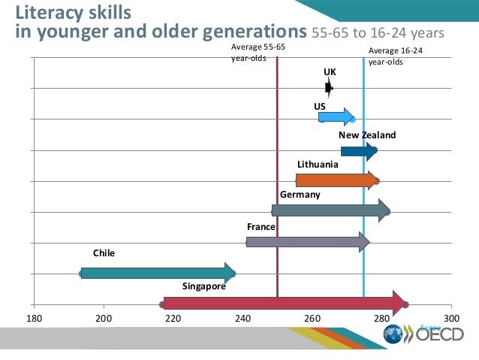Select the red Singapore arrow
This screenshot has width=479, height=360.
tap(285, 303)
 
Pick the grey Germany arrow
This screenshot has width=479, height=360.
tap(330, 210)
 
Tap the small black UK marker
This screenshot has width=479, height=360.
tap(329, 88)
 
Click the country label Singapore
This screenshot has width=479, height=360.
tap(203, 286)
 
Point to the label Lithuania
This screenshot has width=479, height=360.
tap(318, 164)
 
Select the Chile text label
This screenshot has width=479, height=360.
tap(104, 253)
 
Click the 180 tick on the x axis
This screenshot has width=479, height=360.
tap(34, 319)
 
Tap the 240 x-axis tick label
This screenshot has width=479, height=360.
tap(243, 319)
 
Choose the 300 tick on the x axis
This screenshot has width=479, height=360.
tap(450, 319)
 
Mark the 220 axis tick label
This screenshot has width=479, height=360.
tap(173, 319)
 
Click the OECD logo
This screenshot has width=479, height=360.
tap(429, 334)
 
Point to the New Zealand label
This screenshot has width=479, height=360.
tap(366, 135)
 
